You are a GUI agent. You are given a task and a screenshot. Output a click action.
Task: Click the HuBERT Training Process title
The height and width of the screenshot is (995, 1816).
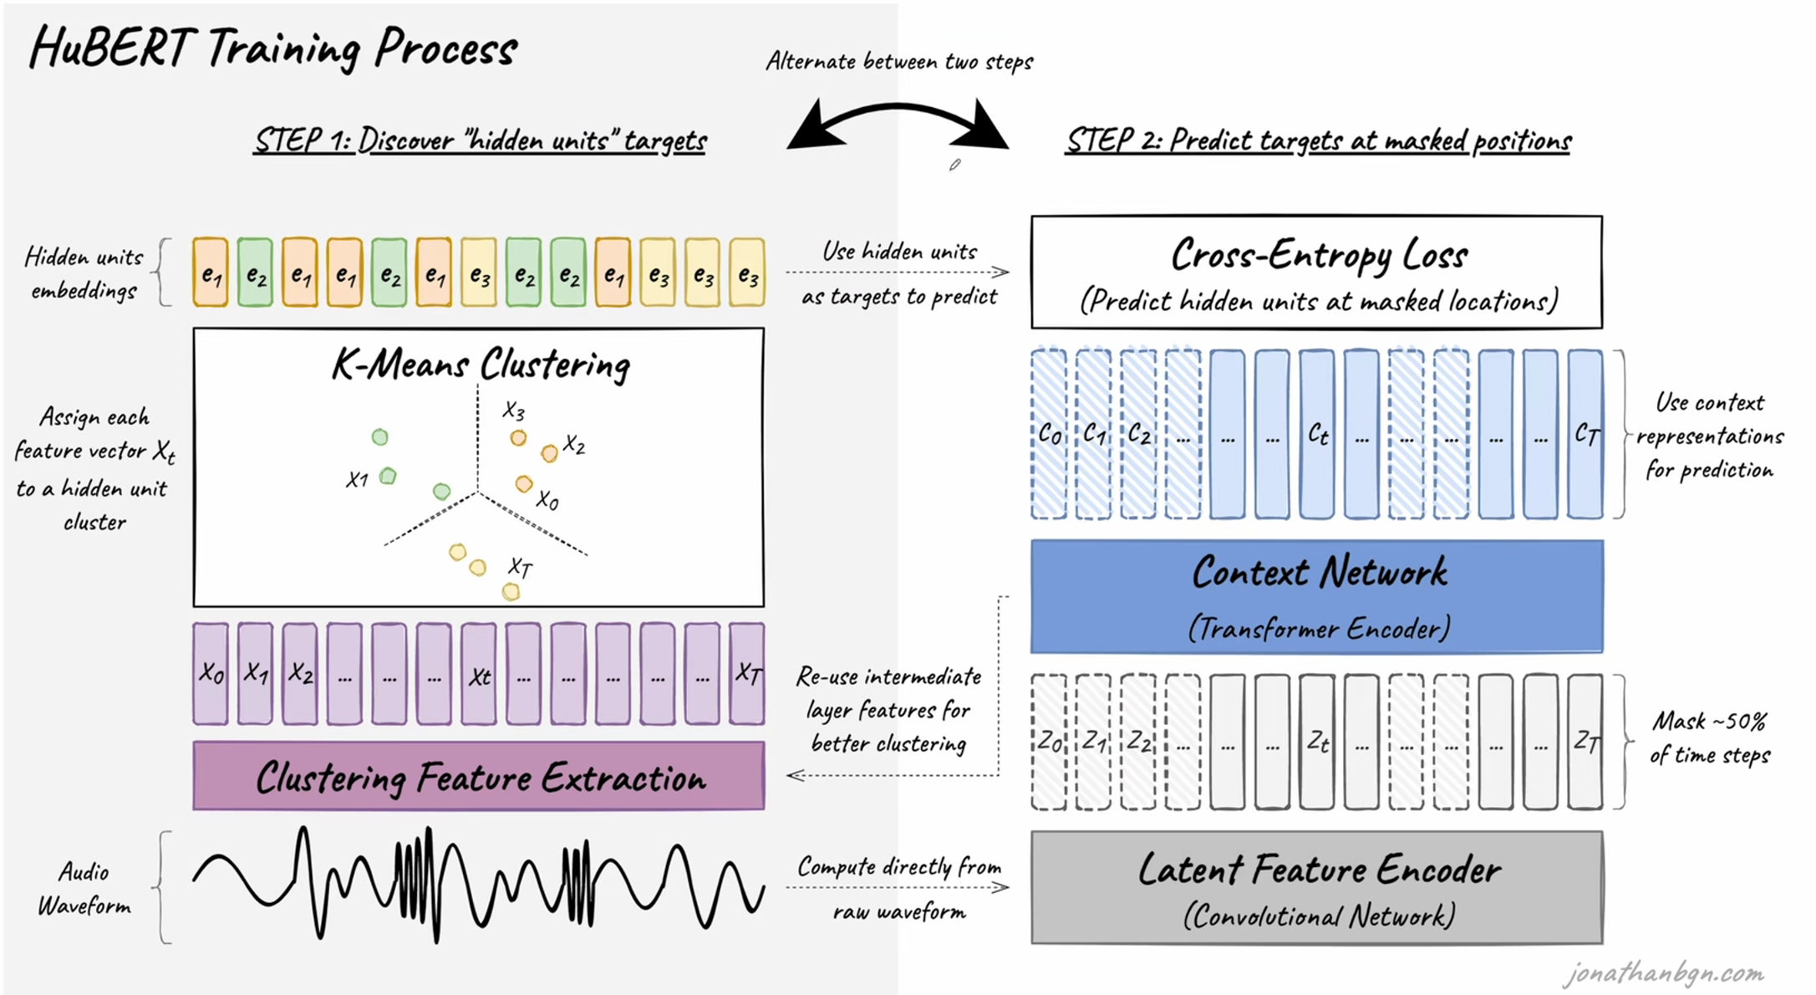[x=273, y=48]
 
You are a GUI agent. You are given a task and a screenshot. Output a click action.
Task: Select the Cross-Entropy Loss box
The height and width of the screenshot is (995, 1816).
[x=1316, y=272]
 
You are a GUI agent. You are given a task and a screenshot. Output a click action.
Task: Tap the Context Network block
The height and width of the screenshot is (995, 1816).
[x=1316, y=596]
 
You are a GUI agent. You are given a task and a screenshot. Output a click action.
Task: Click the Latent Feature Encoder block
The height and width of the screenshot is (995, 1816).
[x=1316, y=887]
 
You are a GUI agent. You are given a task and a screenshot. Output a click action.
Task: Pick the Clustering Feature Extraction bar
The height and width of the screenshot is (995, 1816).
[x=479, y=777]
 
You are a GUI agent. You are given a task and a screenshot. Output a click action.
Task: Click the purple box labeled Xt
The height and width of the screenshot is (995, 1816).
[x=479, y=674]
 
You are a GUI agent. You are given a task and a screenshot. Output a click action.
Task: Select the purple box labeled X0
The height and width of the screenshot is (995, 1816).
[x=211, y=674]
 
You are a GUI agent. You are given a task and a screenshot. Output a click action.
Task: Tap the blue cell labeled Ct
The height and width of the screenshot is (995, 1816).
[x=1317, y=435]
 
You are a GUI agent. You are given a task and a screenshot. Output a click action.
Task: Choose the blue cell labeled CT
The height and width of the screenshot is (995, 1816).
[x=1585, y=435]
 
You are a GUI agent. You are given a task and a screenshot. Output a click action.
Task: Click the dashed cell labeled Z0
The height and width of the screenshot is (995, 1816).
[x=1049, y=742]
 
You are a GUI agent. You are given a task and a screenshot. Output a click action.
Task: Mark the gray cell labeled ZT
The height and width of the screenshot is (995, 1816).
[x=1585, y=742]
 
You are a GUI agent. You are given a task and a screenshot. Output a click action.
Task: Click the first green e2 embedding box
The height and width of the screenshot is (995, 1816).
[x=255, y=273]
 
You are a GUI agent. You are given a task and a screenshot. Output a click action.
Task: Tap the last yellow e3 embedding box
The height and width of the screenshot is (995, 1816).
[x=747, y=273]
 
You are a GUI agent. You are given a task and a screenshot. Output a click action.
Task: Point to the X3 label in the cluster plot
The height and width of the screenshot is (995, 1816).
[x=513, y=411]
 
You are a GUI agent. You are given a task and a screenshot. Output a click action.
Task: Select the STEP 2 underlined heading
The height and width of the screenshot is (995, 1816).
[x=1318, y=140]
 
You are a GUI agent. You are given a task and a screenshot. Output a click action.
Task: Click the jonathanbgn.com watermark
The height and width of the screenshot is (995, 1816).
[x=1663, y=973]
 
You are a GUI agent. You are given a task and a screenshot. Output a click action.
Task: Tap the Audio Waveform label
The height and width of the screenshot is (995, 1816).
[x=84, y=889]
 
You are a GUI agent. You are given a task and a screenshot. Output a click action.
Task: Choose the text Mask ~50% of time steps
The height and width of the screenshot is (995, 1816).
[x=1710, y=737]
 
